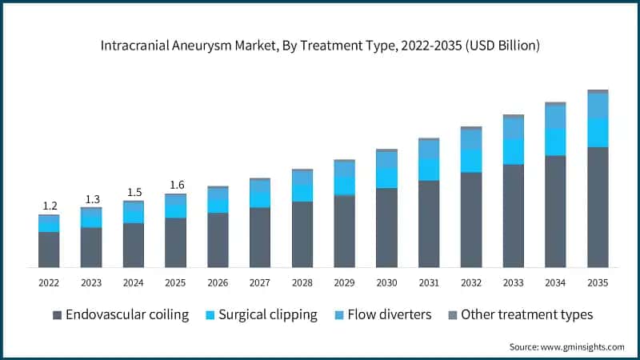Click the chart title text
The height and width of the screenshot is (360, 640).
point(320,46)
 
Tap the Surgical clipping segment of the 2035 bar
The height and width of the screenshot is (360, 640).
point(598,133)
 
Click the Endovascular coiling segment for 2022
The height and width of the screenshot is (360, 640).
point(49,249)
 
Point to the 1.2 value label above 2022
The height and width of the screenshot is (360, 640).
point(49,206)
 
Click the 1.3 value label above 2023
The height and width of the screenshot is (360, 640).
point(91,198)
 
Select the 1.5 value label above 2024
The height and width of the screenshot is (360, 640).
point(133,192)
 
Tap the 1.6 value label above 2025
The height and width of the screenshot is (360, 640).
point(175,185)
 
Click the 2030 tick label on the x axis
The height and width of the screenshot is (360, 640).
point(386,282)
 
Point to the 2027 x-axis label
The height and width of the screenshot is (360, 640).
point(260,282)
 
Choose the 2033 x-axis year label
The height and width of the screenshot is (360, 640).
point(513,282)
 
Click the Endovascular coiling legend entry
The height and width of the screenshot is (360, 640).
point(120,314)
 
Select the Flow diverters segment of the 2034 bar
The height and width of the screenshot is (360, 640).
point(555,117)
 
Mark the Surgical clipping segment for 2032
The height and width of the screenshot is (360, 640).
point(471,160)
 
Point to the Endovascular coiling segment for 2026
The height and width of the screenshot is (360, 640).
point(218,239)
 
